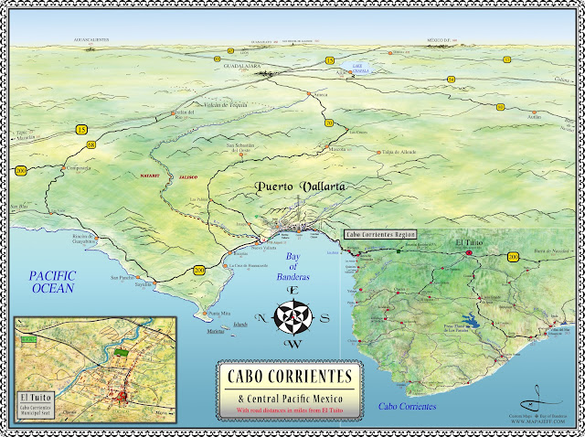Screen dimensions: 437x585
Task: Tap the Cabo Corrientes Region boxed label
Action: (x=379, y=234)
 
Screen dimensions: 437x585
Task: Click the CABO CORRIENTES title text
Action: (x=290, y=377)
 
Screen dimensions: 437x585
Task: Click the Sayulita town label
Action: (x=141, y=284)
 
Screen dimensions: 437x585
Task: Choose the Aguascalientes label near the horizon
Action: (x=96, y=41)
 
